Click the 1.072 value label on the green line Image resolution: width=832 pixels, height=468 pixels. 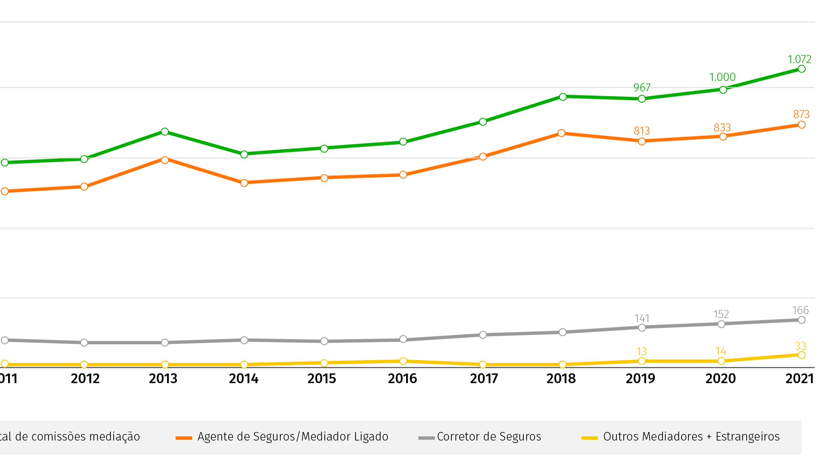click(799, 59)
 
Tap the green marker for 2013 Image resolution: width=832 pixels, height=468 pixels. click(165, 131)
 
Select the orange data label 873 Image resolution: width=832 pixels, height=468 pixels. click(801, 114)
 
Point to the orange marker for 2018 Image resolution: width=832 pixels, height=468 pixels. click(561, 133)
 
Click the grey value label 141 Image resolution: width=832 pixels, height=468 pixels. click(642, 318)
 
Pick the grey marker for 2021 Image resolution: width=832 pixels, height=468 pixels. click(802, 320)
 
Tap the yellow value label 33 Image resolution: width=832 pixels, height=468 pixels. click(800, 346)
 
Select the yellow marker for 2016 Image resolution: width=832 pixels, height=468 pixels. click(403, 361)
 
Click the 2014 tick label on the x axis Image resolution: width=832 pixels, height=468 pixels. click(243, 379)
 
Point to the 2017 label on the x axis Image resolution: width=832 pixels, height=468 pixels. click(484, 379)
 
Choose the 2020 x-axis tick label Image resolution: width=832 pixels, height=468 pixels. click(720, 379)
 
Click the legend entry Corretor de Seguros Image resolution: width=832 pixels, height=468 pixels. click(489, 437)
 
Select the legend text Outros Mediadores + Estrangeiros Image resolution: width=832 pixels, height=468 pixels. click(691, 437)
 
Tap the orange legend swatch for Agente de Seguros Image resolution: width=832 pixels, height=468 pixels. click(184, 438)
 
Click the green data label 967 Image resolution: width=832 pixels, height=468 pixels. click(642, 87)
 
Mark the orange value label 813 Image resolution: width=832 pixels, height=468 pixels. click(642, 131)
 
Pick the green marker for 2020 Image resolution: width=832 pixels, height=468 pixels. click(723, 89)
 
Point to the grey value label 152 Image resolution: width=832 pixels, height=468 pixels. click(721, 314)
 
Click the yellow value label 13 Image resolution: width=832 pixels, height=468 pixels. click(641, 352)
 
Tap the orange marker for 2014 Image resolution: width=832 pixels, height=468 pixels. click(244, 183)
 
